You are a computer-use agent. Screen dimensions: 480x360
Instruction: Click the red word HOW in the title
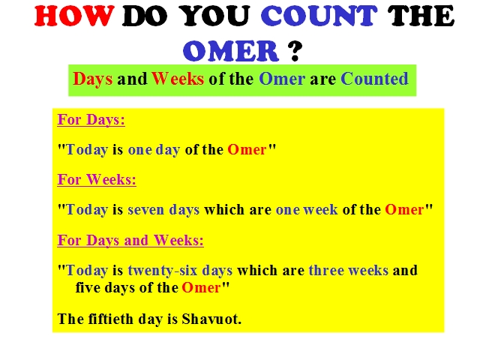pyautogui.click(x=74, y=16)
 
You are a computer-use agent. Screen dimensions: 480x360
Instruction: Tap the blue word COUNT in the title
pyautogui.click(x=319, y=16)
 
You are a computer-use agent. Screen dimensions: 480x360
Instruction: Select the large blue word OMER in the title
pyautogui.click(x=231, y=50)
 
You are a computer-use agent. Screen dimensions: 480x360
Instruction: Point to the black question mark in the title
pyautogui.click(x=295, y=51)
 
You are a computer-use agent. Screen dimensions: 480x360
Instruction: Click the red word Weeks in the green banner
pyautogui.click(x=178, y=79)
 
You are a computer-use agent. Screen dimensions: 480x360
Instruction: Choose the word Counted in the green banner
pyautogui.click(x=374, y=79)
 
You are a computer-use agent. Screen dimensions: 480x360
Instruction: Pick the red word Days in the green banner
pyautogui.click(x=93, y=79)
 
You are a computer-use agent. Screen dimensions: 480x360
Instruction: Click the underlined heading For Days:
pyautogui.click(x=91, y=120)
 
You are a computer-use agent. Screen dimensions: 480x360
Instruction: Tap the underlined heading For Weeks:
pyautogui.click(x=97, y=179)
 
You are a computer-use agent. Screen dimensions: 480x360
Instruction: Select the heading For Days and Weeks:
pyautogui.click(x=130, y=240)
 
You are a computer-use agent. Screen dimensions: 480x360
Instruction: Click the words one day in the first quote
pyautogui.click(x=154, y=150)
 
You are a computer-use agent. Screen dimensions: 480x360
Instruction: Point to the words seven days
pyautogui.click(x=163, y=210)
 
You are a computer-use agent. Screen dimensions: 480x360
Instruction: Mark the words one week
pyautogui.click(x=307, y=210)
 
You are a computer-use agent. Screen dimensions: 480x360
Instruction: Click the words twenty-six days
pyautogui.click(x=180, y=271)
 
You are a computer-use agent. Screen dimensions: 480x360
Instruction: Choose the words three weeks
pyautogui.click(x=349, y=270)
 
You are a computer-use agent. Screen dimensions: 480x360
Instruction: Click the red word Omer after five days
pyautogui.click(x=201, y=288)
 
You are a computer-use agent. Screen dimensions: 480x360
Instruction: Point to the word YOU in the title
pyautogui.click(x=214, y=16)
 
